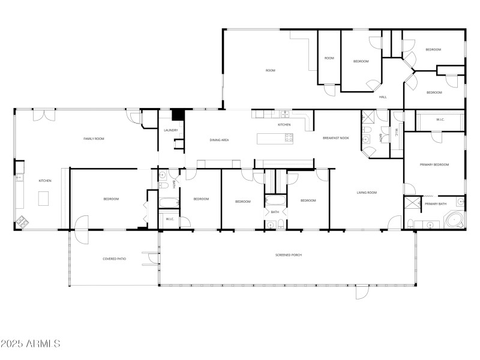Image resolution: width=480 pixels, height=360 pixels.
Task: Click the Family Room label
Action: coord(94,139)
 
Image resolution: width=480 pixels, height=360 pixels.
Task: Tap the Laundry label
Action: coord(170,130)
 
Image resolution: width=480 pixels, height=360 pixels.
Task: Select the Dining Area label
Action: coord(219,140)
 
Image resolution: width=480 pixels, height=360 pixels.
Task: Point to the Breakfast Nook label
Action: coord(335,139)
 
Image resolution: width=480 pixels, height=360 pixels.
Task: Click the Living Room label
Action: coord(367,193)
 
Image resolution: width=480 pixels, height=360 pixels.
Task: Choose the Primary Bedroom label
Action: coord(434,164)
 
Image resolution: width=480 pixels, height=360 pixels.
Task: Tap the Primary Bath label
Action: coord(436,204)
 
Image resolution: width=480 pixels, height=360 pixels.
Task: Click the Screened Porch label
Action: coord(289,255)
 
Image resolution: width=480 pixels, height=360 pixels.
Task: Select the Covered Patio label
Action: coord(114,259)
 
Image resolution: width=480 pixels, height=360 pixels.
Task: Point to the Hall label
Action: coord(383,97)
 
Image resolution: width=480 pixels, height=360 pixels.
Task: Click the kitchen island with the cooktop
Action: coord(275,139)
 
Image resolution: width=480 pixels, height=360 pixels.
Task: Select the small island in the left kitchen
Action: coord(43,198)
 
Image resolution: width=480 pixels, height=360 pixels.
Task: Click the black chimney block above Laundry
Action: coord(177,114)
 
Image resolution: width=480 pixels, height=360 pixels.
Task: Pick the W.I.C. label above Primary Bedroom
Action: coord(440,119)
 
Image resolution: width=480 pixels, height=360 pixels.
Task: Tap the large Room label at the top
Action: coord(271,71)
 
